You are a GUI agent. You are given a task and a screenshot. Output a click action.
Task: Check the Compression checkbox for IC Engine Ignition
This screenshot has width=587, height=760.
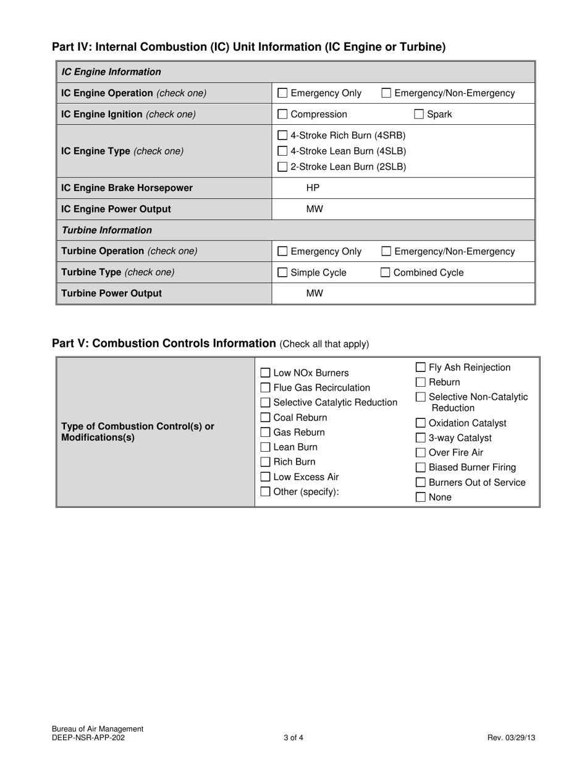[x=282, y=114]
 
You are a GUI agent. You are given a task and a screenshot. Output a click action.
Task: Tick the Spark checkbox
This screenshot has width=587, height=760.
[x=419, y=114]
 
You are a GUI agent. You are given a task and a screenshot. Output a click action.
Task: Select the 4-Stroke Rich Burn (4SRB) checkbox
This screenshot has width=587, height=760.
[x=282, y=135]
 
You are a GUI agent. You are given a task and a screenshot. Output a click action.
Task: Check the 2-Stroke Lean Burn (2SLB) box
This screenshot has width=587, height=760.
[x=282, y=166]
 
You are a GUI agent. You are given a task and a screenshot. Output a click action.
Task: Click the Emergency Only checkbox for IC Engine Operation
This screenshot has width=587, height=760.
[x=282, y=93]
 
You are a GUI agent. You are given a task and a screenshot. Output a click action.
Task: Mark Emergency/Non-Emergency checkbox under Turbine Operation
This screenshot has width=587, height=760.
[x=386, y=251]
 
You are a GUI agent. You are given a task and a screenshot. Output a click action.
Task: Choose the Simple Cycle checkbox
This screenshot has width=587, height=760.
[x=282, y=272]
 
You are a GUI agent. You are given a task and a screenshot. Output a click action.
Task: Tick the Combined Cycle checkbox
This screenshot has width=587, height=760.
[x=386, y=272]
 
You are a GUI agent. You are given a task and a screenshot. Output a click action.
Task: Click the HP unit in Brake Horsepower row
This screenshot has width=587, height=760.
[x=313, y=188]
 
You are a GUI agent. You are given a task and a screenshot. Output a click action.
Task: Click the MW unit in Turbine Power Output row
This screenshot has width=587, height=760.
[x=315, y=293]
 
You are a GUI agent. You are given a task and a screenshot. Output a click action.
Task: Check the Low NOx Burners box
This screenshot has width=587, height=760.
[x=265, y=373]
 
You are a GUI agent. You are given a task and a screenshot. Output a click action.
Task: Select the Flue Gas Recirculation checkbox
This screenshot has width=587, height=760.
[x=265, y=388]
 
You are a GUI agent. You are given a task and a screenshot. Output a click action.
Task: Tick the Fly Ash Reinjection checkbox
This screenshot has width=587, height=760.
[x=421, y=368]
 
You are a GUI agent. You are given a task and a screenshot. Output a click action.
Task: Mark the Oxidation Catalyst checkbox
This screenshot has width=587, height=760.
[x=421, y=423]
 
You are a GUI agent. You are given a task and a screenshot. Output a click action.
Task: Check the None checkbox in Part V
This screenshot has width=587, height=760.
[x=421, y=497]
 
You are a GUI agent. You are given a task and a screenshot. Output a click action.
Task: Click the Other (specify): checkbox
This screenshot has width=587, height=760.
[x=265, y=492]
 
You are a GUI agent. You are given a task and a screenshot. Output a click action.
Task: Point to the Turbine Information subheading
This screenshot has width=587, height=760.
[x=106, y=230]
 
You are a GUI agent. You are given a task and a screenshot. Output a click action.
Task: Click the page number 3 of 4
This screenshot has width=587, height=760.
[x=293, y=737]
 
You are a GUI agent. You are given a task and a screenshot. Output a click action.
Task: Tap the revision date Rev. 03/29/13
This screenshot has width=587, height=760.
[x=511, y=737]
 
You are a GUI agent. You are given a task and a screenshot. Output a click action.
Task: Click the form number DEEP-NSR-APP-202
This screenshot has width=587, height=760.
[x=92, y=737]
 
